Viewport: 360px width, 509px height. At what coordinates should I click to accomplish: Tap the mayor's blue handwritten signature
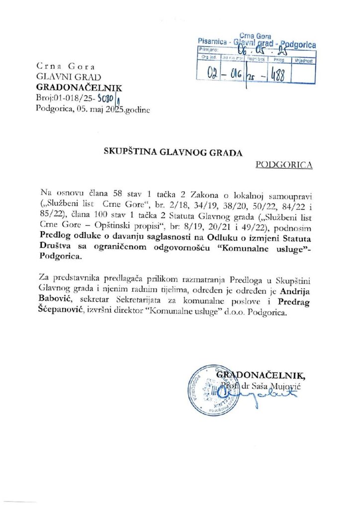pos(278,394)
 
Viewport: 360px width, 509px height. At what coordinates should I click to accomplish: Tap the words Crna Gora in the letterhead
pos(66,66)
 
